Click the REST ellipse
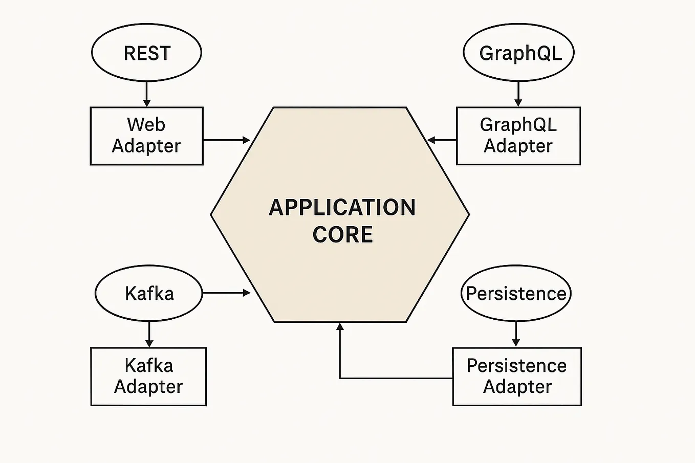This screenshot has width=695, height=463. pyautogui.click(x=146, y=53)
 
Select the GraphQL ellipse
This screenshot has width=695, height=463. pyautogui.click(x=518, y=53)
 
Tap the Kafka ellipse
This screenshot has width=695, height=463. pyautogui.click(x=149, y=293)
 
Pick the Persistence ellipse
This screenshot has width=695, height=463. pyautogui.click(x=516, y=293)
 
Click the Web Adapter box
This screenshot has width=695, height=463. pyautogui.click(x=146, y=136)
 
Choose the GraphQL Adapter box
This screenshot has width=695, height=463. pyautogui.click(x=518, y=136)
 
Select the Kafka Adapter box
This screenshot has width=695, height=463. pyautogui.click(x=148, y=377)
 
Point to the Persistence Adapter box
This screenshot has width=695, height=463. pyautogui.click(x=517, y=377)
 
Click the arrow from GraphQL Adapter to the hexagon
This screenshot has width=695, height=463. pyautogui.click(x=442, y=140)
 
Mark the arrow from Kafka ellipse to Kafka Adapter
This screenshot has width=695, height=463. pyautogui.click(x=149, y=334)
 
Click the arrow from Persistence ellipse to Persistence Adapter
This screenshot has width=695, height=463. pyautogui.click(x=516, y=334)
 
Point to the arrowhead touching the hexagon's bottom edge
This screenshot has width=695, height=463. pyautogui.click(x=340, y=327)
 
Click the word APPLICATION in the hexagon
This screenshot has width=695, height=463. pyautogui.click(x=342, y=208)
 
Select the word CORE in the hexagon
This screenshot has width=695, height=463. pyautogui.click(x=342, y=235)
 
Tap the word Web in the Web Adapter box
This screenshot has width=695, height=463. pyautogui.click(x=146, y=125)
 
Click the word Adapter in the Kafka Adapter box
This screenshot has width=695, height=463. pyautogui.click(x=148, y=387)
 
